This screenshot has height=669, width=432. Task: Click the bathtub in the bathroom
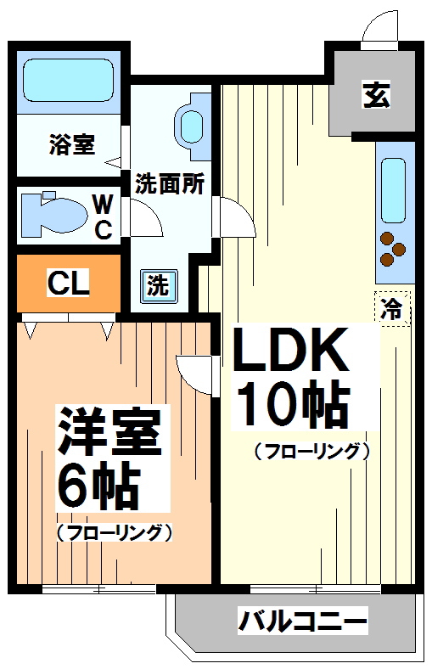[68, 80]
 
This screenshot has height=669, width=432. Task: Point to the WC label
[102, 216]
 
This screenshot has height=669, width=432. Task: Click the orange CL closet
[68, 284]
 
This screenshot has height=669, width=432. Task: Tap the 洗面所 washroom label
[170, 183]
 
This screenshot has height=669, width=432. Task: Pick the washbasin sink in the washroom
[190, 125]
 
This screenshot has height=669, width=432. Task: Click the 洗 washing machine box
[158, 285]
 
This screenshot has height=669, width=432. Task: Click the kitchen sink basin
[395, 188]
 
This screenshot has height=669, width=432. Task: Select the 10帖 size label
[293, 406]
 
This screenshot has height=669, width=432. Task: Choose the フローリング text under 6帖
[115, 533]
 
